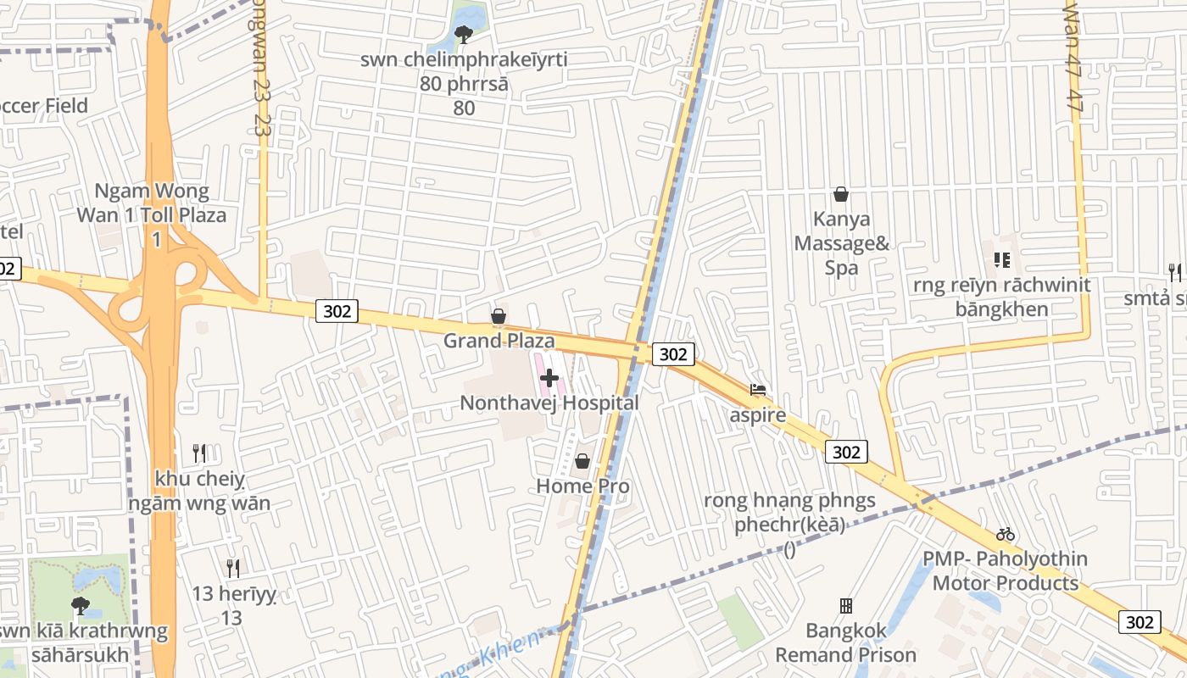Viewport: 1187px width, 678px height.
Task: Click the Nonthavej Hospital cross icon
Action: pyautogui.click(x=549, y=378)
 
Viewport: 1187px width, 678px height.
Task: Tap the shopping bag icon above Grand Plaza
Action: pyautogui.click(x=499, y=316)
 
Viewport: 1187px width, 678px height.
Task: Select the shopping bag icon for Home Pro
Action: pyautogui.click(x=582, y=461)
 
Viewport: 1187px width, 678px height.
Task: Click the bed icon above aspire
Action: pyautogui.click(x=758, y=390)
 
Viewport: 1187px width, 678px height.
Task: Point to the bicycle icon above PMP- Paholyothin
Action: pyautogui.click(x=1006, y=534)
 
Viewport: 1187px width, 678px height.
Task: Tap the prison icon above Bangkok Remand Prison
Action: pyautogui.click(x=845, y=606)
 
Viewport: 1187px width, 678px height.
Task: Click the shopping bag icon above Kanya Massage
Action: pyautogui.click(x=841, y=194)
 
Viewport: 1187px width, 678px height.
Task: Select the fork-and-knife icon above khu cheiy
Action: pyautogui.click(x=199, y=453)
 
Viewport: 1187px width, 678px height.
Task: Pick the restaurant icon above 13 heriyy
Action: pyautogui.click(x=233, y=568)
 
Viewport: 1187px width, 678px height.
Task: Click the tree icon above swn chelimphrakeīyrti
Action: pyautogui.click(x=463, y=34)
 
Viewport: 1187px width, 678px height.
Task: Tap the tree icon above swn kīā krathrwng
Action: pyautogui.click(x=81, y=605)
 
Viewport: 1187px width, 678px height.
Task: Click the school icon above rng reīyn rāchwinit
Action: pyautogui.click(x=1001, y=260)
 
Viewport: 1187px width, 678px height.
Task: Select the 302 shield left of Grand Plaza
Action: pyautogui.click(x=337, y=311)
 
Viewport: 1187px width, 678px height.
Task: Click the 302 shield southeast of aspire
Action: pyautogui.click(x=846, y=452)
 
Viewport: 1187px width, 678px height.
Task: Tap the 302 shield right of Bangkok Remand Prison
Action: pyautogui.click(x=1140, y=622)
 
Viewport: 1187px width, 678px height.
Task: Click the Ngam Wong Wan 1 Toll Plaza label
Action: pyautogui.click(x=152, y=215)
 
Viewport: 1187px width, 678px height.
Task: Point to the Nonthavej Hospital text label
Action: pyautogui.click(x=549, y=403)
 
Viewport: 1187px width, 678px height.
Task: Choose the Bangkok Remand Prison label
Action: pyautogui.click(x=845, y=642)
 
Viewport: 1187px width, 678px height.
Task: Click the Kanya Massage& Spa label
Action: pyautogui.click(x=841, y=243)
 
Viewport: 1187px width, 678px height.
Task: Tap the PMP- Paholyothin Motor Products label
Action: pyautogui.click(x=1006, y=571)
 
